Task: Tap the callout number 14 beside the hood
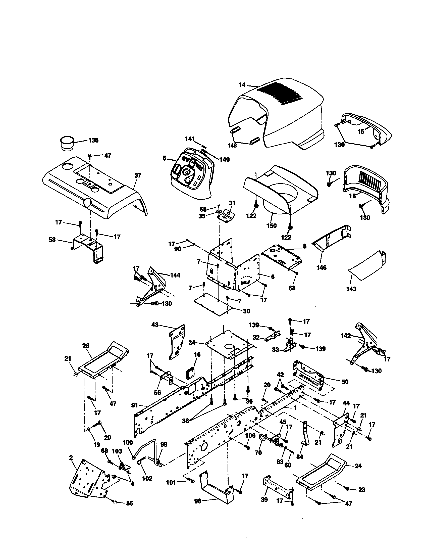(242, 85)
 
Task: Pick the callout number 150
(272, 226)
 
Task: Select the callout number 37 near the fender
(138, 175)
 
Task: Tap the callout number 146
(321, 268)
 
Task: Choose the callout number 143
(351, 289)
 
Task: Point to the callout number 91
(135, 405)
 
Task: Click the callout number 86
(129, 510)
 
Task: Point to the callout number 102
(147, 478)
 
